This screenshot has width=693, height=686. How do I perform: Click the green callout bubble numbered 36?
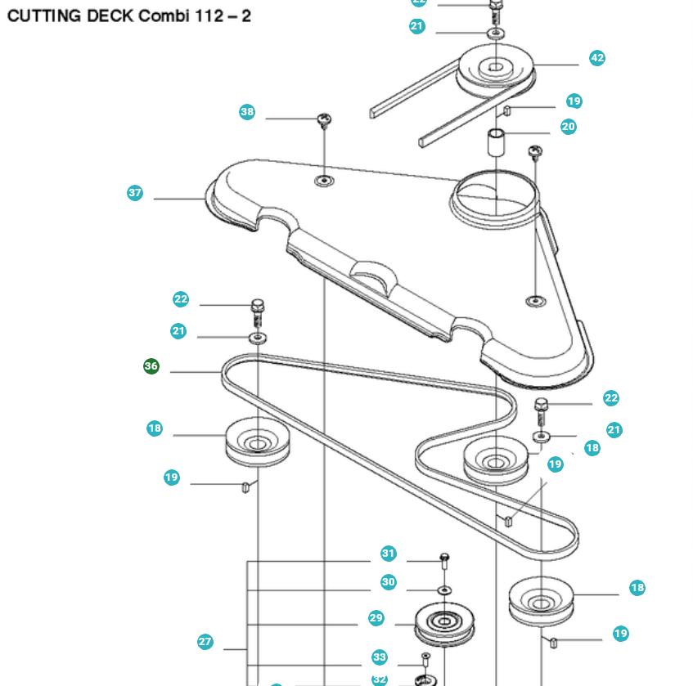coord(151,366)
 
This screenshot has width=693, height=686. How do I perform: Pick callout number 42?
coord(597,58)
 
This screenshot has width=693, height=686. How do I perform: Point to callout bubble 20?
coord(569,127)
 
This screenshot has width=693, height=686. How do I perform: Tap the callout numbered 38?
coord(247,112)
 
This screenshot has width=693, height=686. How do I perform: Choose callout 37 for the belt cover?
coord(135,193)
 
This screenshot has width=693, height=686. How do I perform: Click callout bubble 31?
coord(389,554)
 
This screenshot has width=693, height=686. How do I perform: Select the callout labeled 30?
coord(389,582)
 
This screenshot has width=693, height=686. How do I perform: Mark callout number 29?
coord(376,618)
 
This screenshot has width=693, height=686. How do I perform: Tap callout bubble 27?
coord(205,642)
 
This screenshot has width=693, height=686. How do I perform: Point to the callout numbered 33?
coord(379,657)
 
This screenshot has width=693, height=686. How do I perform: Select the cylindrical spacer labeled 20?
coord(496,141)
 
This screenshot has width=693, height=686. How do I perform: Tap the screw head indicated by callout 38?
coord(324,121)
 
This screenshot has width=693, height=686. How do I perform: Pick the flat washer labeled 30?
coord(444,589)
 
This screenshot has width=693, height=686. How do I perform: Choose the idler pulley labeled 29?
coord(445,625)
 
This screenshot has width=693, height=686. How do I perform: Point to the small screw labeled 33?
coord(425,659)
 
